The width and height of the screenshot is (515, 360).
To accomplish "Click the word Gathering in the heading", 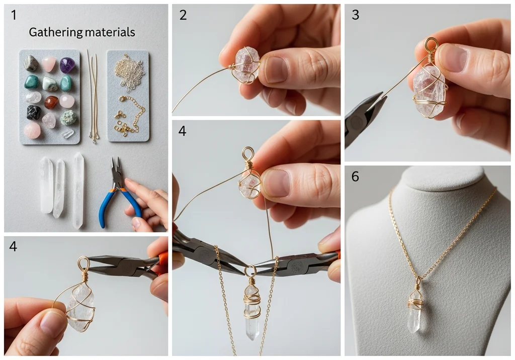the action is pos(55,33).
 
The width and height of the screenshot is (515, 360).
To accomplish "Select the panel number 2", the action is pos(183,15).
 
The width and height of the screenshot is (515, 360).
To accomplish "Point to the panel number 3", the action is pos(356,15).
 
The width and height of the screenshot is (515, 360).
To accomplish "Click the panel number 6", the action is pos(356,176).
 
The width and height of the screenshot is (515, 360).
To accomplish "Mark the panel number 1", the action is pos(14,15).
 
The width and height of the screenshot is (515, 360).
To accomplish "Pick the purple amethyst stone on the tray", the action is pos(67,65).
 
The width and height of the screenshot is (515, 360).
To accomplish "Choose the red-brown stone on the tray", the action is pos(51,102).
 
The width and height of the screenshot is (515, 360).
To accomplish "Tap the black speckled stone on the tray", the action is pos(34,113).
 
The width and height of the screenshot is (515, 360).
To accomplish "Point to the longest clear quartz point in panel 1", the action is pos(78,191).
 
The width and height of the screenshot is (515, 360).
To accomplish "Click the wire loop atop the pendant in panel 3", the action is pos(431,44).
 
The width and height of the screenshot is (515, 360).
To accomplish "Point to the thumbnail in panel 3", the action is pos(455,58).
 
